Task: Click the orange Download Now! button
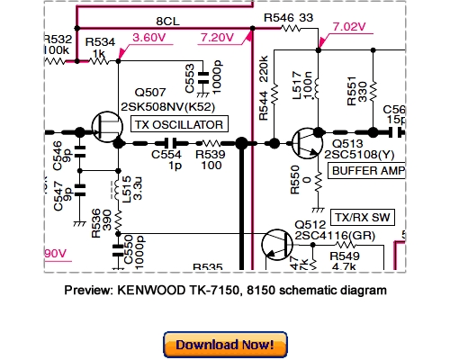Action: pyautogui.click(x=224, y=345)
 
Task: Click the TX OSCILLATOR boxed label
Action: pyautogui.click(x=179, y=124)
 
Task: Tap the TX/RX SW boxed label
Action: pyautogui.click(x=358, y=218)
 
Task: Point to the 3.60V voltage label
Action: pyautogui.click(x=149, y=38)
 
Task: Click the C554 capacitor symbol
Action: pyautogui.click(x=167, y=142)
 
